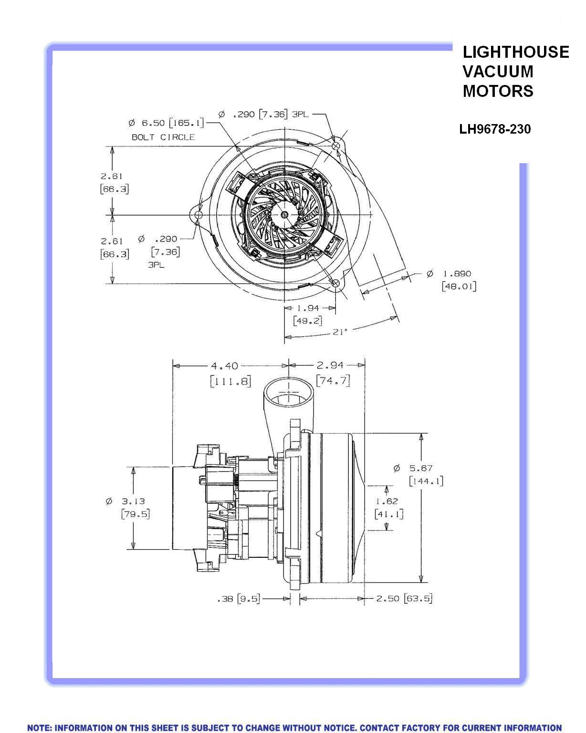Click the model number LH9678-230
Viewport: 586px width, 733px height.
pyautogui.click(x=495, y=129)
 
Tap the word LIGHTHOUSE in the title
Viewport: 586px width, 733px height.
pyautogui.click(x=515, y=52)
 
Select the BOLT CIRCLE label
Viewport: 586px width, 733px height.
pyautogui.click(x=163, y=137)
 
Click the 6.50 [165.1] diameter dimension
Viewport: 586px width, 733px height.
pyautogui.click(x=166, y=123)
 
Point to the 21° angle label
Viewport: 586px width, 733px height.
pyautogui.click(x=340, y=331)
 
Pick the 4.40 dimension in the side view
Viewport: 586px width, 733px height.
pyautogui.click(x=224, y=366)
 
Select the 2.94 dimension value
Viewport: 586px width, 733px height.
pyautogui.click(x=330, y=366)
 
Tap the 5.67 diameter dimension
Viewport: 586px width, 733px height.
pyautogui.click(x=419, y=469)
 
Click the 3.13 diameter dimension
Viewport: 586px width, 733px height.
pyautogui.click(x=132, y=501)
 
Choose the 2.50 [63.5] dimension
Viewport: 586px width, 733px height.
pyautogui.click(x=404, y=598)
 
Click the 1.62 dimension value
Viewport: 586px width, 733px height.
pyautogui.click(x=387, y=501)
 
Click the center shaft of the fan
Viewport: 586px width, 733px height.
pyautogui.click(x=284, y=215)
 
